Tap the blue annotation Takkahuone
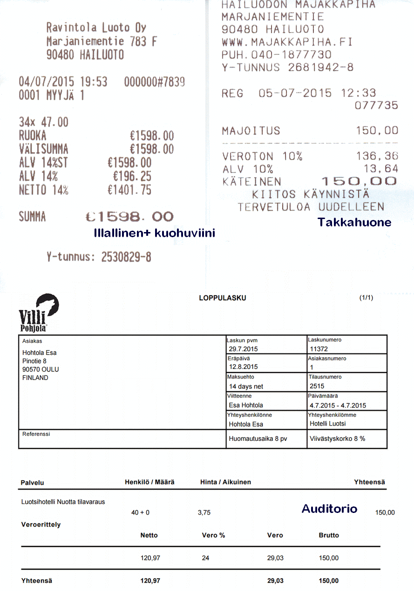[354, 222]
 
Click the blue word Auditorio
[329, 508]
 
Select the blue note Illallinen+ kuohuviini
[154, 233]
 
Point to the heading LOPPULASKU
[222, 298]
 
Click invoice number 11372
[319, 349]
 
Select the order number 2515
[317, 386]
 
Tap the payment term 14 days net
[246, 386]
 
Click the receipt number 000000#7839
[154, 82]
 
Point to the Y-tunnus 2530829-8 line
[99, 257]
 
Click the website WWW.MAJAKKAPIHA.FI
[287, 42]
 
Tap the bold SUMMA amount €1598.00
[129, 217]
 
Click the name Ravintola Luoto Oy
[96, 27]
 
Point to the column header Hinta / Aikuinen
[225, 482]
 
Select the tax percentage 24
[205, 558]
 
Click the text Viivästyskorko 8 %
[337, 439]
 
